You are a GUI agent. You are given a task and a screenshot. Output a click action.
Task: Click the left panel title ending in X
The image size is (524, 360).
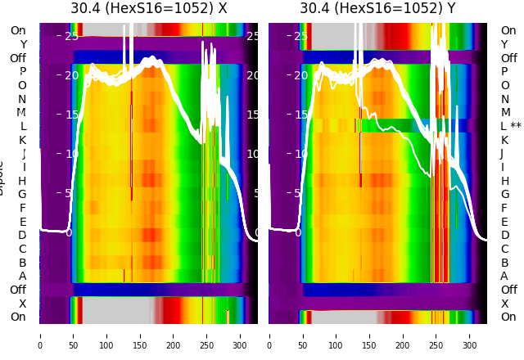pos(148,9)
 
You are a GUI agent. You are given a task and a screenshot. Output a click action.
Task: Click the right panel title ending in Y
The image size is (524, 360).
pos(377,9)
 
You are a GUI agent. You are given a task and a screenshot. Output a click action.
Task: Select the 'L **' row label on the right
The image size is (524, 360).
pos(511,126)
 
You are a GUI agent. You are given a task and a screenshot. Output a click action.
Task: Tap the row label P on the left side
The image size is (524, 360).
pos(23,71)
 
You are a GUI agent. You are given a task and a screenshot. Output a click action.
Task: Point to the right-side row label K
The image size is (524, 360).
pos(504,140)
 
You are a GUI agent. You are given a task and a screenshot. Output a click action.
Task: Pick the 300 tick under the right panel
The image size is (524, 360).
pos(470,345)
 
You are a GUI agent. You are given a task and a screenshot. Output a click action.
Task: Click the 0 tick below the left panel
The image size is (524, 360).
pos(40,345)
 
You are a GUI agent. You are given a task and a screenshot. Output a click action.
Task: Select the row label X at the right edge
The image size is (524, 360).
pos(504,304)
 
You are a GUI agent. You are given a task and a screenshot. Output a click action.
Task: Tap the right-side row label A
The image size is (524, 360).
pos(504,276)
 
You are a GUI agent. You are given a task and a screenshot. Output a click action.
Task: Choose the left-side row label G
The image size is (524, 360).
pos(22,194)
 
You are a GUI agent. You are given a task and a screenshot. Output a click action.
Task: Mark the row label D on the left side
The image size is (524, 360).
pos(22,235)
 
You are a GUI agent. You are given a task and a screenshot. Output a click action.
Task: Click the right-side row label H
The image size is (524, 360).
pos(504,181)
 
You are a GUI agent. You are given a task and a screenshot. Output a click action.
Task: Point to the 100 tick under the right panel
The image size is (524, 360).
pos(336,345)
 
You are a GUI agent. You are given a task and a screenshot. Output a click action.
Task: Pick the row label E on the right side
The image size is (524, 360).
pos(504,222)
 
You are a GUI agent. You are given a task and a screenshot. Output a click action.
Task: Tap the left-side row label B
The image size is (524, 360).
pos(23,263)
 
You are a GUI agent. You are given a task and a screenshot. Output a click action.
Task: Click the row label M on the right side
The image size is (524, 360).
pos(505,112)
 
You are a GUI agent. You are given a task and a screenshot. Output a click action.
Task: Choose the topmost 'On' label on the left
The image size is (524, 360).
pos(18,30)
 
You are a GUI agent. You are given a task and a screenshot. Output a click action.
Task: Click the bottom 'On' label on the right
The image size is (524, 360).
pos(508,317)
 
